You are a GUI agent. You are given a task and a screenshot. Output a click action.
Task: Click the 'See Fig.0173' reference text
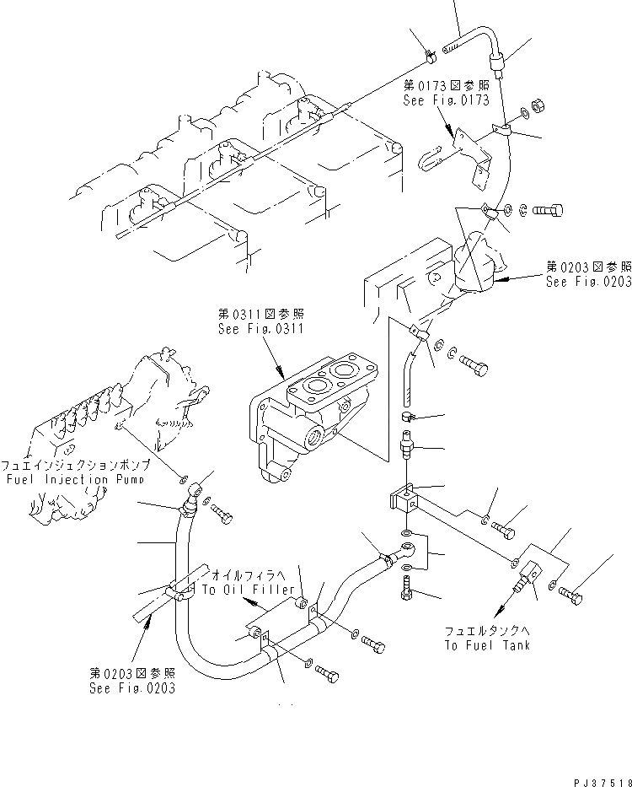pyautogui.click(x=447, y=100)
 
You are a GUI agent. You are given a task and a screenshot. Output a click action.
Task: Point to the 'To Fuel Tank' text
pyautogui.click(x=486, y=645)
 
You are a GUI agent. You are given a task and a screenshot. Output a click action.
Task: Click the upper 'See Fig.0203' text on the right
pyautogui.click(x=588, y=283)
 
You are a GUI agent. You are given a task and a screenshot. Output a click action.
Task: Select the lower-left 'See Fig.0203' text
pyautogui.click(x=131, y=688)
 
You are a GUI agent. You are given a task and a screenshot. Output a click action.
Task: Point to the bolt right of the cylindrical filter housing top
pyautogui.click(x=547, y=209)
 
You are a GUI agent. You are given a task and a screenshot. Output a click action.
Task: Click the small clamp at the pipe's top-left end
pyautogui.click(x=430, y=57)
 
